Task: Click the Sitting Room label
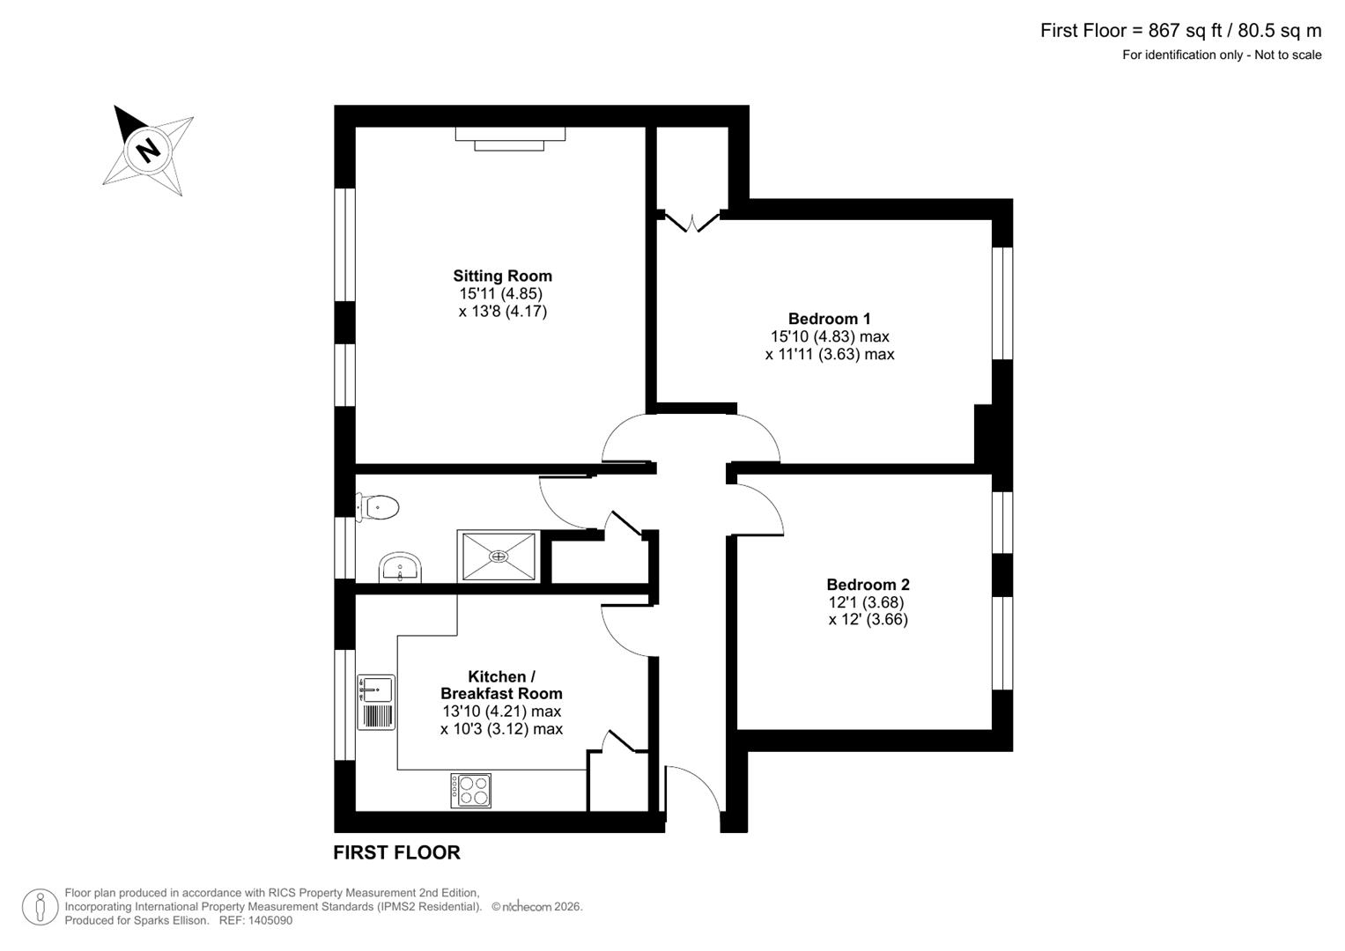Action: pyautogui.click(x=502, y=276)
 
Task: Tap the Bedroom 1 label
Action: pyautogui.click(x=829, y=319)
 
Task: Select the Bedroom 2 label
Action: pyautogui.click(x=868, y=585)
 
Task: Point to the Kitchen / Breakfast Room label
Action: pyautogui.click(x=501, y=685)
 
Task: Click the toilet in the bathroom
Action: pyautogui.click(x=380, y=507)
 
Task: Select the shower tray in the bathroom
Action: pyautogui.click(x=499, y=556)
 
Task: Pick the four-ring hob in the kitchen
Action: pyautogui.click(x=471, y=790)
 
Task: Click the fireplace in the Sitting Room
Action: pyautogui.click(x=510, y=137)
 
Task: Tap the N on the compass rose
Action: pyautogui.click(x=148, y=149)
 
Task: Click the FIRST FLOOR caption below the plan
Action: pyautogui.click(x=396, y=852)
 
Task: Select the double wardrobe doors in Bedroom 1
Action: pyautogui.click(x=692, y=220)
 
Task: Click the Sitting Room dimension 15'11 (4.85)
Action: pyautogui.click(x=500, y=294)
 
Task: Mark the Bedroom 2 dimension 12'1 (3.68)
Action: pyautogui.click(x=866, y=602)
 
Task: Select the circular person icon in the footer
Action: pyautogui.click(x=40, y=906)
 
